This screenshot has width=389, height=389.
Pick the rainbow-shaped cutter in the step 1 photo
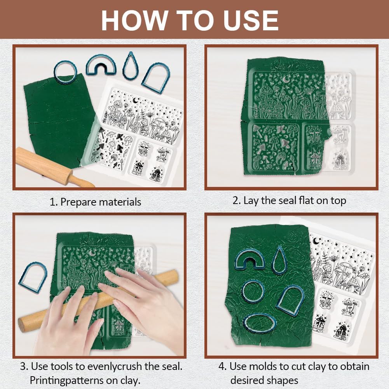coord(101,65)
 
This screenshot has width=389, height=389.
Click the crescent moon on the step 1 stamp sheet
coord(136,100)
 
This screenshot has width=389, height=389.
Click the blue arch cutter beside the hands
coord(33,276)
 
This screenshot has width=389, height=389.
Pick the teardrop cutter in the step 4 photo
coord(279,260)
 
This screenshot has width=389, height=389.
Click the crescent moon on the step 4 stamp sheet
coord(316,241)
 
